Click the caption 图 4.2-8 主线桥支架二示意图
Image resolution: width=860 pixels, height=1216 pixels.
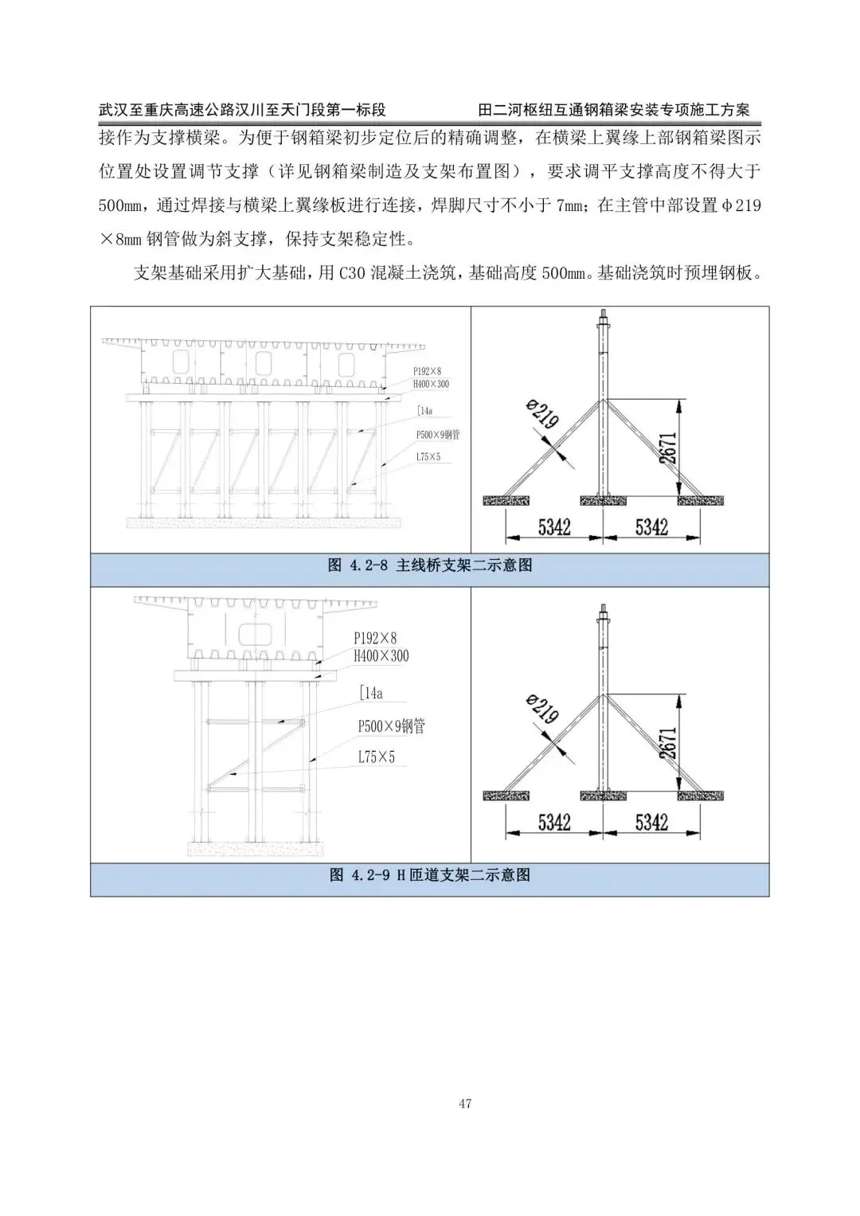tap(430, 565)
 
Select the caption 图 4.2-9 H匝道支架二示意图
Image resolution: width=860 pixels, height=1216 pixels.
tap(430, 874)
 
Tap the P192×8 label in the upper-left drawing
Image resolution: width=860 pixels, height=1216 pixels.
tap(427, 371)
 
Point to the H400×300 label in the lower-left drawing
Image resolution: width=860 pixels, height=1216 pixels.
tap(381, 656)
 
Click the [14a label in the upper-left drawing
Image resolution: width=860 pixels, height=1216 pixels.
tap(424, 411)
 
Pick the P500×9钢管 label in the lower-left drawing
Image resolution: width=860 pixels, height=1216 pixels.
tap(391, 726)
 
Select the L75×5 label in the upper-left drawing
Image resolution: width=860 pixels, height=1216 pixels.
tap(428, 457)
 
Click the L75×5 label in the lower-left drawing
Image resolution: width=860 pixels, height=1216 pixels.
tap(376, 757)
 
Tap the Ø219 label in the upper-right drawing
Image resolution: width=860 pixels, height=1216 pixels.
tap(542, 415)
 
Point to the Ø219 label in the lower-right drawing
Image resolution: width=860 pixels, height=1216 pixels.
tap(542, 708)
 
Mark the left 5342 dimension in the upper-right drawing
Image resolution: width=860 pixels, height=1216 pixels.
tap(553, 526)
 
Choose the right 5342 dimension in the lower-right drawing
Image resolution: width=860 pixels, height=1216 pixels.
tap(651, 821)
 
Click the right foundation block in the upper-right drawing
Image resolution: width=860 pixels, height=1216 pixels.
tap(701, 500)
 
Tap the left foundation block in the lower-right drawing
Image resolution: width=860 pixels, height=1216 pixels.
tap(506, 795)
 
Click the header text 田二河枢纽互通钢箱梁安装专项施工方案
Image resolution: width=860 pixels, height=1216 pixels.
tap(614, 110)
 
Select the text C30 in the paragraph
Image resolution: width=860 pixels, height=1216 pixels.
tap(351, 273)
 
